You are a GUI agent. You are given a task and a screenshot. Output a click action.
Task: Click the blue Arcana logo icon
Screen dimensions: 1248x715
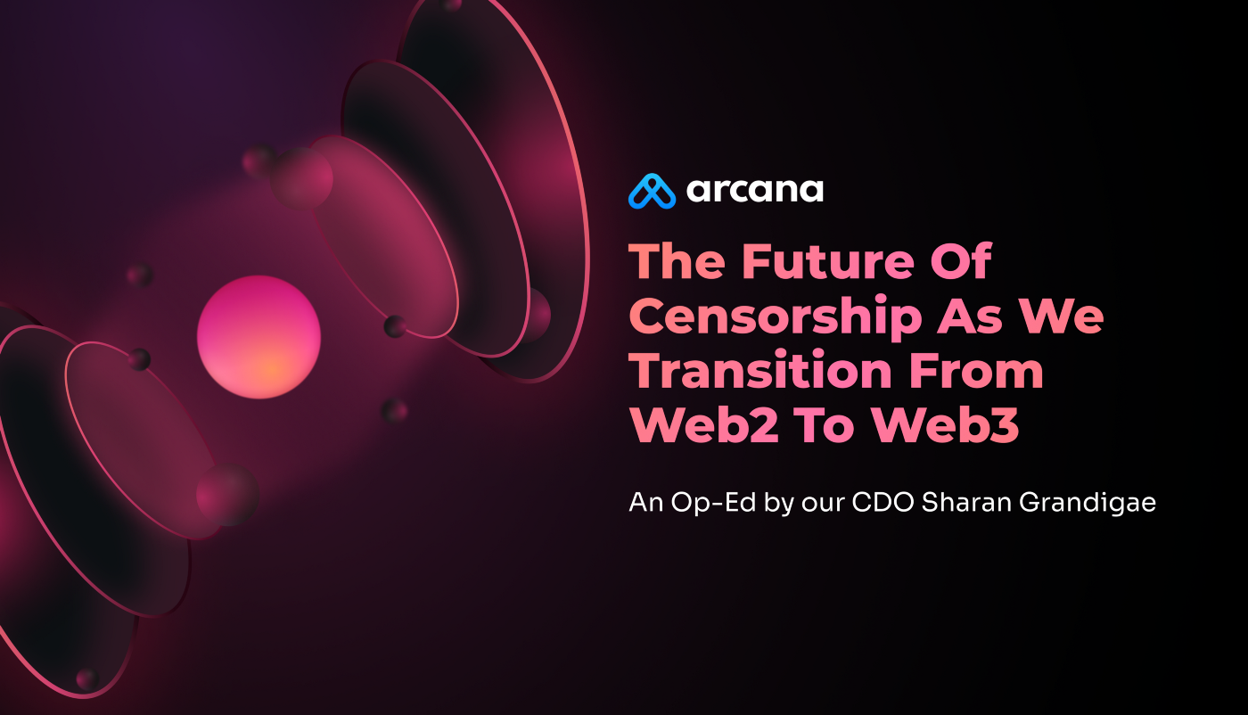652,191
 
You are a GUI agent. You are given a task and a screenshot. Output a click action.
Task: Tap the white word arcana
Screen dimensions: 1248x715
755,191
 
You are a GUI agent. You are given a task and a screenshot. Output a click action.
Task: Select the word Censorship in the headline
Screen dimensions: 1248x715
775,316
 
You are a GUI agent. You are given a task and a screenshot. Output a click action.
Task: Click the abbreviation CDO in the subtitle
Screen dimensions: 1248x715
883,502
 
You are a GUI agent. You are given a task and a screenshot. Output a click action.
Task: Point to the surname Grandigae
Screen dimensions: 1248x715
1088,504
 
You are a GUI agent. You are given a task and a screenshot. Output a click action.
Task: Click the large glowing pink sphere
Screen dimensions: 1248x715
259,337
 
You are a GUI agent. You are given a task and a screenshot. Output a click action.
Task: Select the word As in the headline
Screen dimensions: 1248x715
971,316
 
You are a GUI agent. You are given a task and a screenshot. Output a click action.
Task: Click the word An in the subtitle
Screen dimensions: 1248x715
646,503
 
